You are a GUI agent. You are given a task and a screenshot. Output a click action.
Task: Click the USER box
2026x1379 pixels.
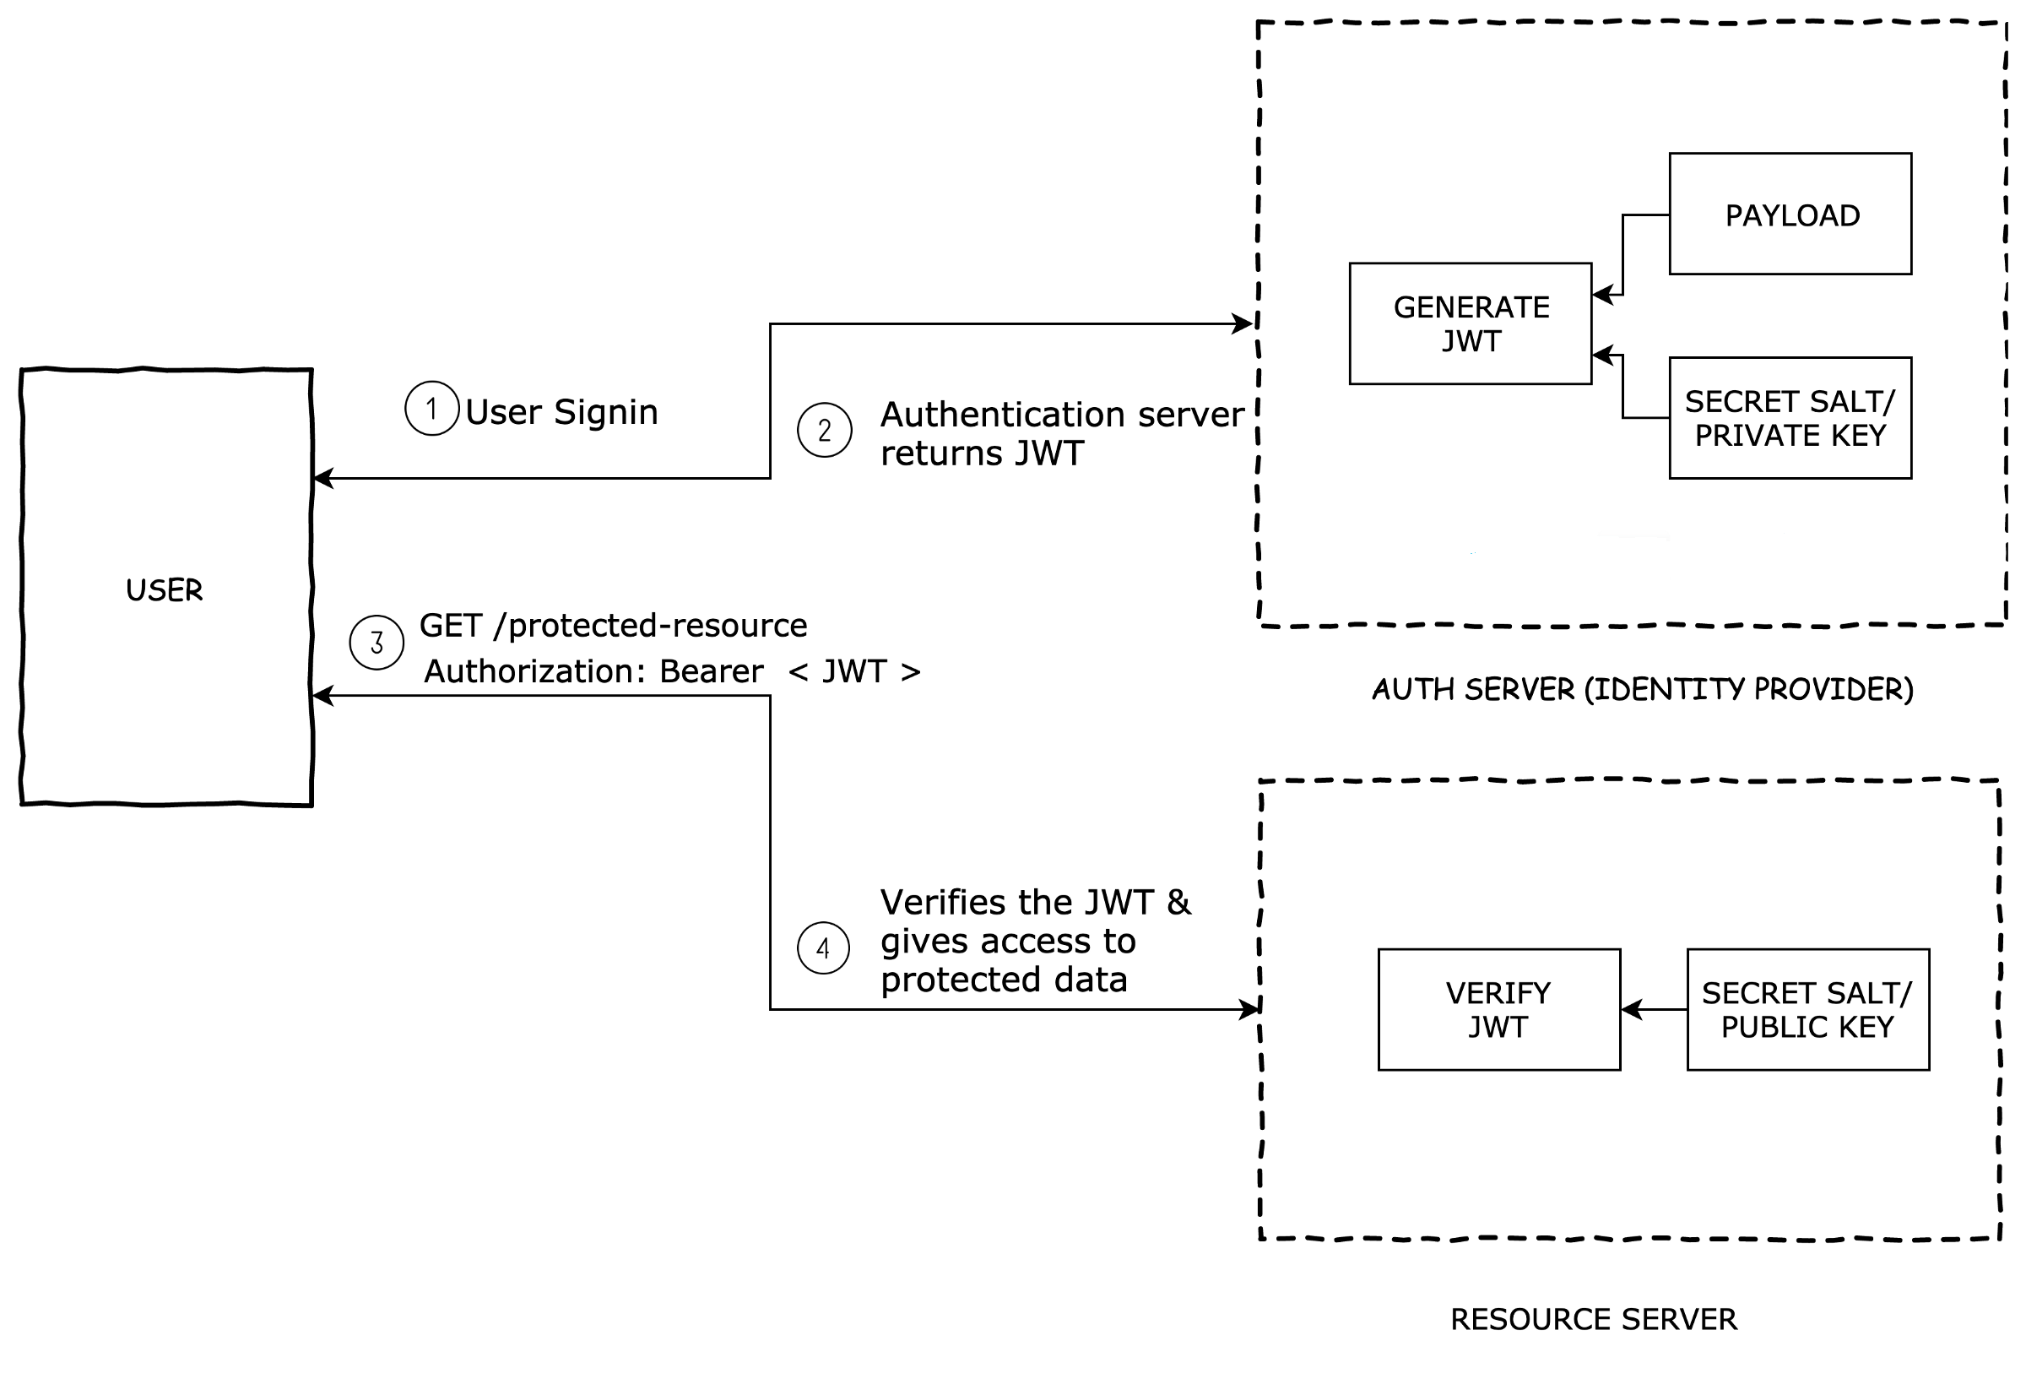(x=165, y=587)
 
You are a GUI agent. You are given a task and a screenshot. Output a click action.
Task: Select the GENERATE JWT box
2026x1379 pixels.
(x=1470, y=323)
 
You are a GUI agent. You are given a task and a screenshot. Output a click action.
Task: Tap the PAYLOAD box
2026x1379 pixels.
(x=1790, y=214)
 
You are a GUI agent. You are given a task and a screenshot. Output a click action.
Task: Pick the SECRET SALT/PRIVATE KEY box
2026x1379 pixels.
(x=1790, y=418)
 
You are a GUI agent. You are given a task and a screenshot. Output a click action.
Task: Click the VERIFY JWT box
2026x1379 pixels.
(x=1498, y=1009)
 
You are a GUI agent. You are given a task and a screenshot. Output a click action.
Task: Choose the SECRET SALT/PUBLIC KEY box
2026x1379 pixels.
(x=1807, y=1009)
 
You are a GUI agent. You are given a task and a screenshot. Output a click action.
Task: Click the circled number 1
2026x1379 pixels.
(x=431, y=408)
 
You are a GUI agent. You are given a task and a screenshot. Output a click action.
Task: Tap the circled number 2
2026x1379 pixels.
(x=824, y=430)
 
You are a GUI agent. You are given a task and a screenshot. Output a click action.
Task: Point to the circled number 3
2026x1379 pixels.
(x=376, y=643)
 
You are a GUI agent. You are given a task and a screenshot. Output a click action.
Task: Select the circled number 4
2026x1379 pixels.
(x=823, y=948)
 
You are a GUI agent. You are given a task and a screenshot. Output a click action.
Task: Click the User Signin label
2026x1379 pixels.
(x=561, y=412)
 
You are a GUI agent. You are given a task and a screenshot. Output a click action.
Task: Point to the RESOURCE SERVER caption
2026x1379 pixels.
(x=1594, y=1320)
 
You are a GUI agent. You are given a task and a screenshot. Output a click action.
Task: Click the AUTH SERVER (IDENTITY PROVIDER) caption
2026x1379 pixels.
(x=1643, y=689)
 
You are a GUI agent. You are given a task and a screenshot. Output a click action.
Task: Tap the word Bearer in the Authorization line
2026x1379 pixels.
(x=711, y=670)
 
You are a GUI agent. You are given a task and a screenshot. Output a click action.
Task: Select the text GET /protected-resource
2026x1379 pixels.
(x=613, y=626)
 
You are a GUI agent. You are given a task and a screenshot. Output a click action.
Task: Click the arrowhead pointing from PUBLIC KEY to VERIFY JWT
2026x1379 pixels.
(x=1630, y=1009)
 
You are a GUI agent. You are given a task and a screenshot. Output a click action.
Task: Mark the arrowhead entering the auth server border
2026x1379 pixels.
(x=1243, y=323)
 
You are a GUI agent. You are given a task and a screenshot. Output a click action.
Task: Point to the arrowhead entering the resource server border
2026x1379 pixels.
(x=1250, y=1009)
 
